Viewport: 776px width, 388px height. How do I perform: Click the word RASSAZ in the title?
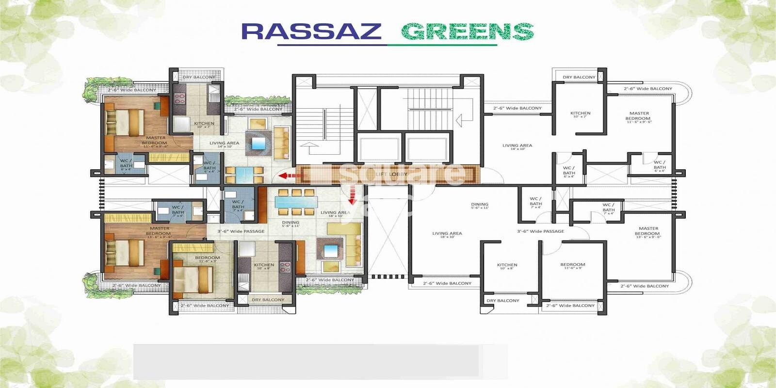click(x=311, y=32)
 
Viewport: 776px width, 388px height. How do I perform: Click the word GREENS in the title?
click(x=467, y=32)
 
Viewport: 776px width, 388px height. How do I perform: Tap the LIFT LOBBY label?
click(x=391, y=174)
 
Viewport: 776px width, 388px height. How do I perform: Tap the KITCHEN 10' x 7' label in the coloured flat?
click(x=204, y=125)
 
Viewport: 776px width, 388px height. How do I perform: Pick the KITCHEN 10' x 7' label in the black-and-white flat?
click(x=580, y=114)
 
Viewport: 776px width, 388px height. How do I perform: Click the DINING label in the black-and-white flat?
click(x=479, y=206)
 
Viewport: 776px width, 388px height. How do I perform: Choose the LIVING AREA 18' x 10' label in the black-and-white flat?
click(x=447, y=235)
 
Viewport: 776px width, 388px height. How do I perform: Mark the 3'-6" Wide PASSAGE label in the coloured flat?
click(x=241, y=231)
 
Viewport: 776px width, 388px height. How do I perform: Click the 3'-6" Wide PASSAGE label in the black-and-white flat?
click(x=540, y=231)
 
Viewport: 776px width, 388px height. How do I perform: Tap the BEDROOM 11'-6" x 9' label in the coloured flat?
click(x=207, y=259)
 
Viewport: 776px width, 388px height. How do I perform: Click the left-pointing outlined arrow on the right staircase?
click(x=465, y=117)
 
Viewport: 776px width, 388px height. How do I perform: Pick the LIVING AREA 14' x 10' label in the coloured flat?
click(x=224, y=144)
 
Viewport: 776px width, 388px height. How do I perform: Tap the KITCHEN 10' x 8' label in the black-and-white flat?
click(x=507, y=266)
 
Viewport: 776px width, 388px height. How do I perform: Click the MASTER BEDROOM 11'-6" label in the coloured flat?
click(x=155, y=141)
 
